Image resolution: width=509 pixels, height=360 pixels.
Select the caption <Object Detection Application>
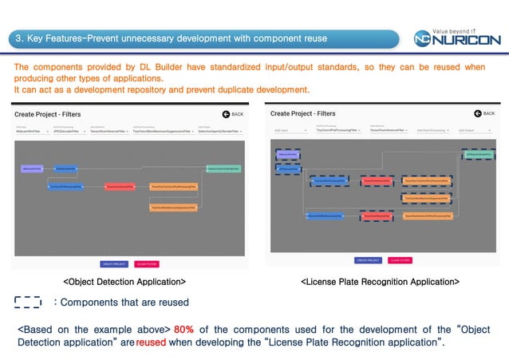[124, 282]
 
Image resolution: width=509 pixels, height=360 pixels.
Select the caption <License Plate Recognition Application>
[379, 282]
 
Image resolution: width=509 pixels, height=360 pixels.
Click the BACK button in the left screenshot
[232, 114]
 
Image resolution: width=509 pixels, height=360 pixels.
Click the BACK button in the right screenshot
[483, 114]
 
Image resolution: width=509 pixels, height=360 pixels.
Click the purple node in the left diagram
[32, 169]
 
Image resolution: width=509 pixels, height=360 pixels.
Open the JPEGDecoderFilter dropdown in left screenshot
[71, 129]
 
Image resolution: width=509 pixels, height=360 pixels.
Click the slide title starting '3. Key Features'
[172, 38]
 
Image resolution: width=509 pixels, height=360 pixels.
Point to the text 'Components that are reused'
[124, 303]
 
